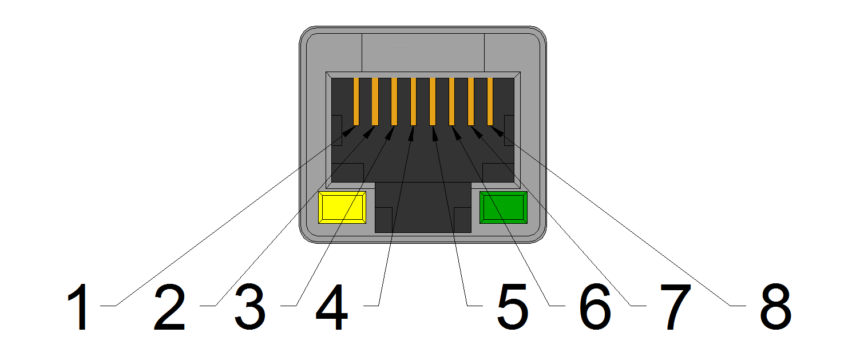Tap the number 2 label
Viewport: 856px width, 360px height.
170,307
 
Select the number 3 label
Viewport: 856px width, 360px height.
250,307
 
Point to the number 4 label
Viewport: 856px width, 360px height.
332,307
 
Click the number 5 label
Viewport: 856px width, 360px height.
513,307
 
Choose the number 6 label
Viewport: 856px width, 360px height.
595,307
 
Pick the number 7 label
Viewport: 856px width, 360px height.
676,307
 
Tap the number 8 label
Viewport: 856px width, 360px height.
776,307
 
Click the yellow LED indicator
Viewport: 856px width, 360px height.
342,207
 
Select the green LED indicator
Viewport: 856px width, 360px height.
504,207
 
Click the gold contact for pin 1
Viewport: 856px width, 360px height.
356,102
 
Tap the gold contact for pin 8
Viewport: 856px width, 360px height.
490,102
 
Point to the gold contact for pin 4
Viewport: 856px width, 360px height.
414,102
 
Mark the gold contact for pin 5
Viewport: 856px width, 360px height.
433,102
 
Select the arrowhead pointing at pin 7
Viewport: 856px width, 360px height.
477,132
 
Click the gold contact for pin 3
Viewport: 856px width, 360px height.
394,102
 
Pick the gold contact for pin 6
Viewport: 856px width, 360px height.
451,102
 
